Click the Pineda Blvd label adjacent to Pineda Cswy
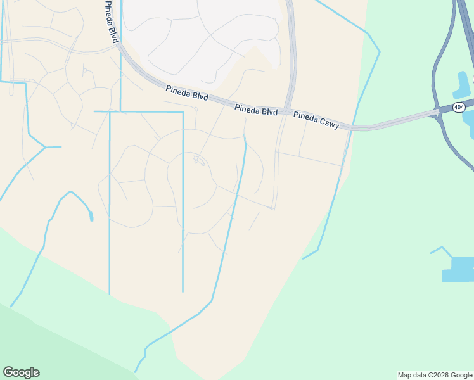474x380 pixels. [256, 110]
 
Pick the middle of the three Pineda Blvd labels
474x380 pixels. [188, 92]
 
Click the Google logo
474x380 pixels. [21, 372]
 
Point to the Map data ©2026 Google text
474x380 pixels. [435, 375]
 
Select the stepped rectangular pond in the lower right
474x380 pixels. [458, 269]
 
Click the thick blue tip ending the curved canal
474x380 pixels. [91, 217]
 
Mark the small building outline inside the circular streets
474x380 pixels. [199, 160]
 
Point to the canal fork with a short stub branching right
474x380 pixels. [44, 147]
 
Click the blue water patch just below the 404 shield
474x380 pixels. [469, 118]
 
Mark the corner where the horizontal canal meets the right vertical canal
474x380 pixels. [183, 112]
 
